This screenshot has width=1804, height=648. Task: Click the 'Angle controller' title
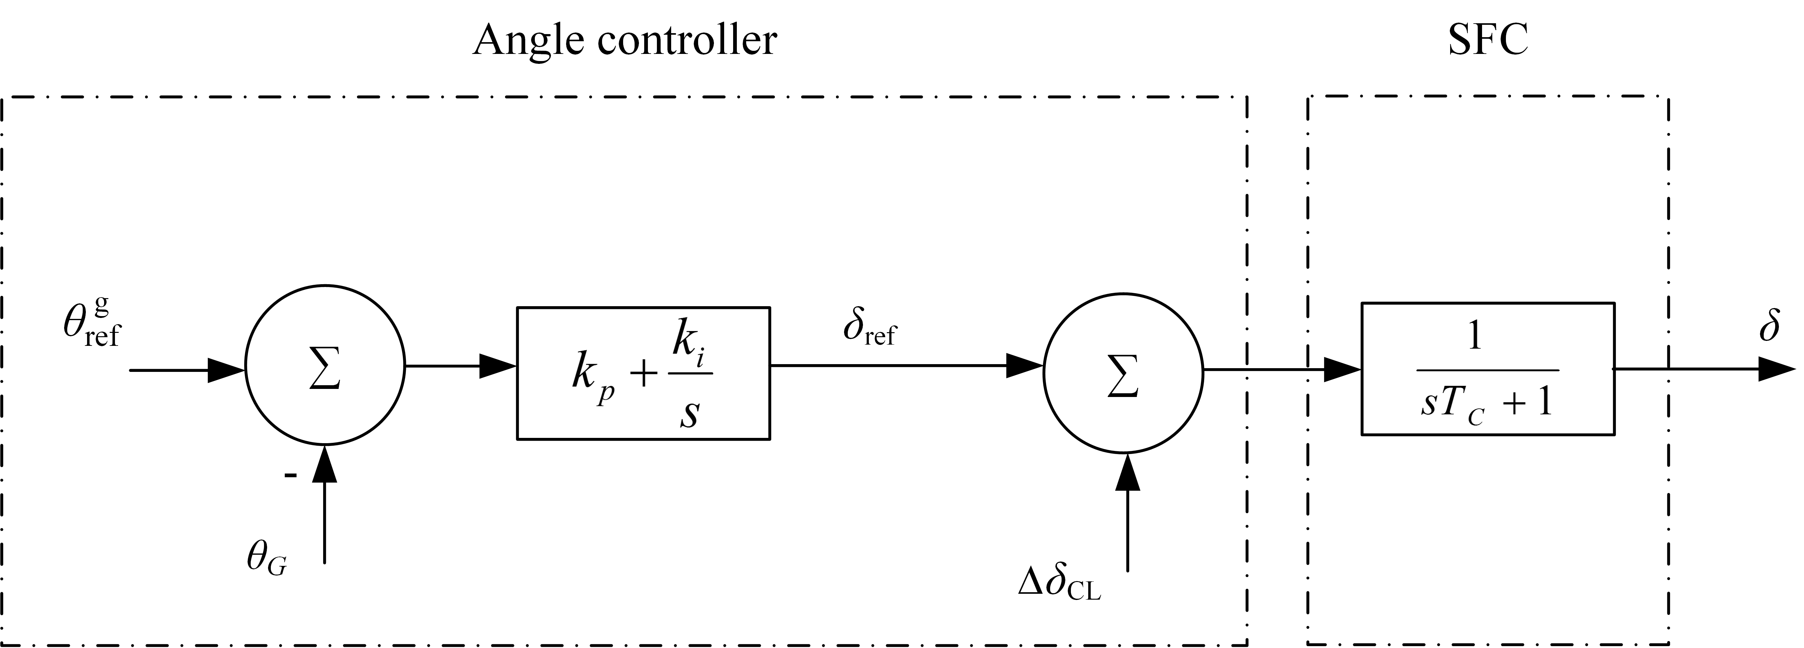pos(625,40)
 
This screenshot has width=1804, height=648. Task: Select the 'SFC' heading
pos(1487,40)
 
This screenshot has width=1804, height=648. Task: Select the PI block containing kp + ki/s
pos(643,373)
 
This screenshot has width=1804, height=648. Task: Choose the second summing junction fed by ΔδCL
pos(1123,373)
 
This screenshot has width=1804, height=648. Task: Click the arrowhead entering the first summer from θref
pos(227,370)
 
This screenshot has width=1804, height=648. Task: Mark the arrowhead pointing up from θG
pos(325,464)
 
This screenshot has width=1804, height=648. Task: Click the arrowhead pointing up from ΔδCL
pos(1128,473)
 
